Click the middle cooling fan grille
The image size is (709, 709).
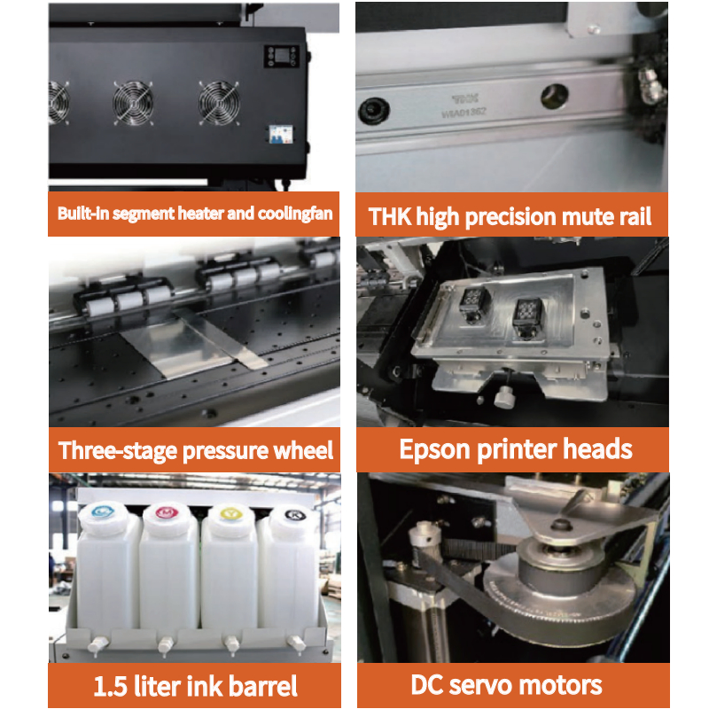pos(133,103)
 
